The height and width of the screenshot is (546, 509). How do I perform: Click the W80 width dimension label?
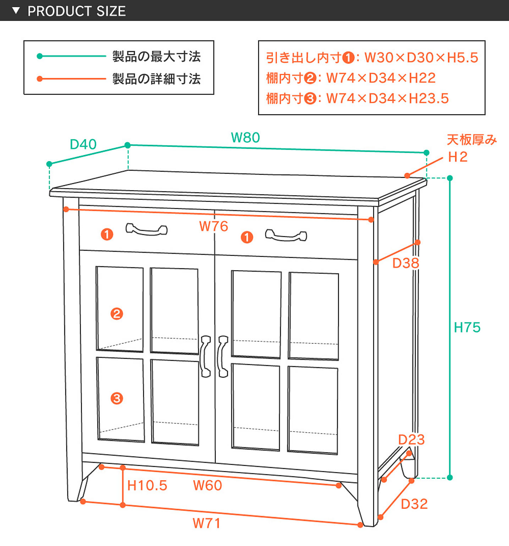tap(245, 138)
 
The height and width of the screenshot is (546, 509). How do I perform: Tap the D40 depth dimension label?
tap(83, 144)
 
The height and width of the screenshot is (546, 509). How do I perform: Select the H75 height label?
tap(467, 327)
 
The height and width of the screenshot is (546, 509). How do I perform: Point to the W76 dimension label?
tap(213, 226)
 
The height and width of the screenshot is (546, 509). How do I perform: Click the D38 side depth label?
tap(406, 263)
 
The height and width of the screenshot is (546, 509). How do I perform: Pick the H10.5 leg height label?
tap(147, 486)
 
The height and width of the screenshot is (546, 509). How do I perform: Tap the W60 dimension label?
tap(207, 486)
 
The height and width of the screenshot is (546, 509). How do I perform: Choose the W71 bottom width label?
tap(207, 523)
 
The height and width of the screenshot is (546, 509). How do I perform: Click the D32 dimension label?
tap(414, 504)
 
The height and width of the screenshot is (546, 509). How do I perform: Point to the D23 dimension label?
tap(411, 440)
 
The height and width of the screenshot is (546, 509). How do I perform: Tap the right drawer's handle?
tap(286, 235)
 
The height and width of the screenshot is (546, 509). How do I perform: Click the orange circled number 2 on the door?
tap(117, 314)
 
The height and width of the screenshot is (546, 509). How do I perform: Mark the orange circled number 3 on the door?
tap(117, 398)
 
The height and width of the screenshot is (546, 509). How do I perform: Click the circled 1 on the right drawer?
tap(247, 237)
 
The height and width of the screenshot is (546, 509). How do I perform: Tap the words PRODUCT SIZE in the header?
tap(77, 11)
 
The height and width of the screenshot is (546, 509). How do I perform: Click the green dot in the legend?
tap(40, 56)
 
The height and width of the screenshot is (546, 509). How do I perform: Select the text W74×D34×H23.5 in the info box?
tap(387, 98)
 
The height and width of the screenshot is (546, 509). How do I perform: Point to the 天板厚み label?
tap(471, 140)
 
